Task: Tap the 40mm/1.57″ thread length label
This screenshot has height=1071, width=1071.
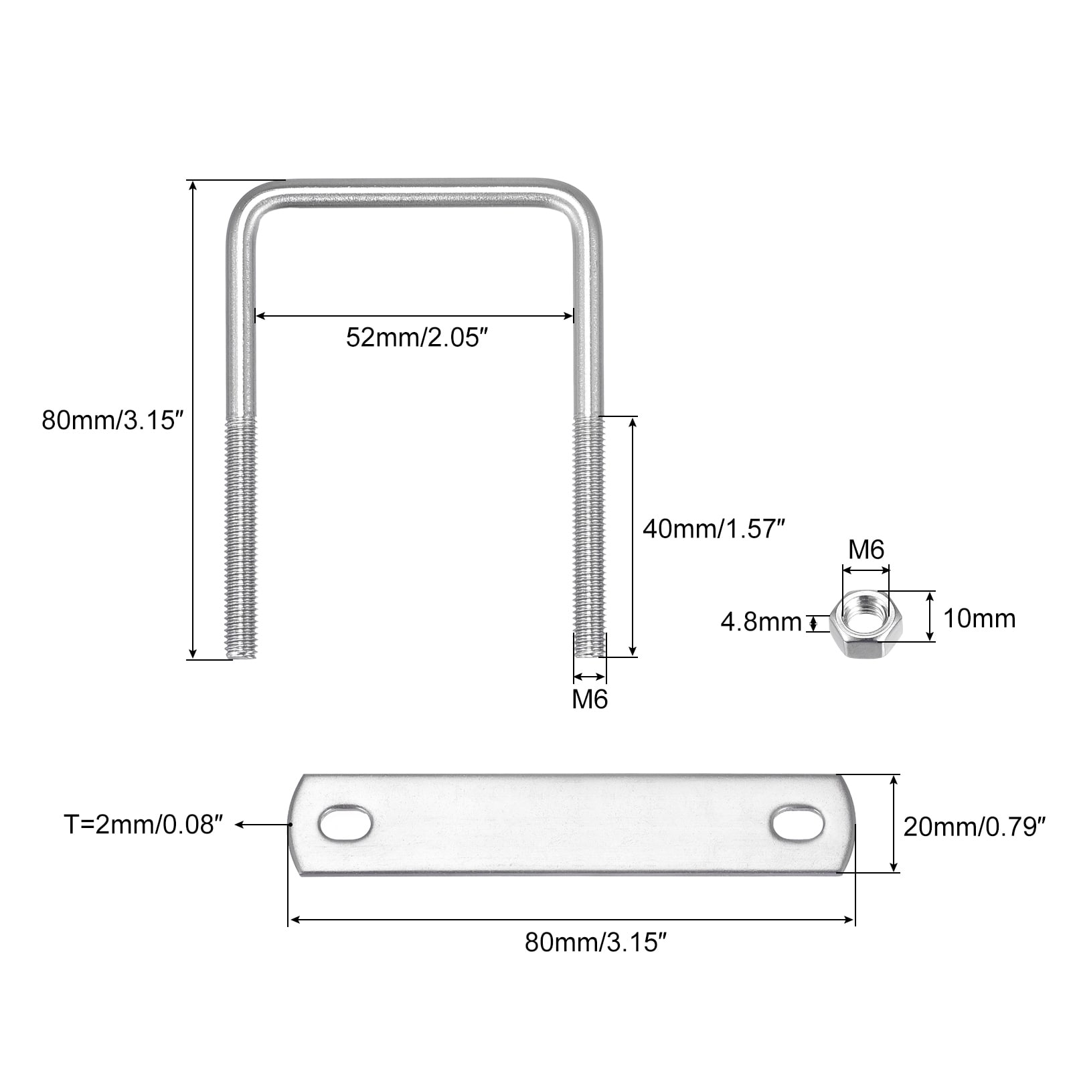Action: [713, 529]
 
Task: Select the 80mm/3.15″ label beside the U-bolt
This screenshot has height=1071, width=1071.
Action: [112, 420]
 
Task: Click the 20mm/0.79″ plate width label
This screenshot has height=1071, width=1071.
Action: [974, 827]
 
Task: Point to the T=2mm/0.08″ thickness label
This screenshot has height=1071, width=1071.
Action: [143, 825]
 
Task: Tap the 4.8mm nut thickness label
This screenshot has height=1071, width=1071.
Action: [761, 623]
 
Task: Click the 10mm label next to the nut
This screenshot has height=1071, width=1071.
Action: [979, 619]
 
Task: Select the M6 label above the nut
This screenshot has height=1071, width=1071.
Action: [866, 550]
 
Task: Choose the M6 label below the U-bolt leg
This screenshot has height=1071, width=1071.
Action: [590, 699]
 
